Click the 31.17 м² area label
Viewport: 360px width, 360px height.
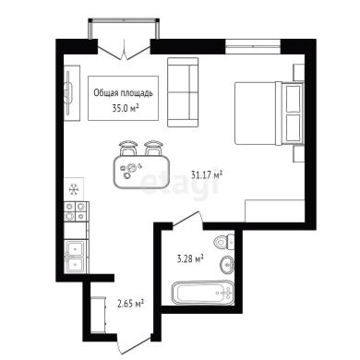[207, 175]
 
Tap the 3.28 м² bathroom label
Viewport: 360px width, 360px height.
[190, 258]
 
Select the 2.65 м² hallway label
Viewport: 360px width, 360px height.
[131, 304]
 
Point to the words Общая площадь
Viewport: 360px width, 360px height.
[123, 93]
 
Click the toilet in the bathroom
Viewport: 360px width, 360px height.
[223, 241]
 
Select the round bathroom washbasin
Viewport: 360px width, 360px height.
[227, 264]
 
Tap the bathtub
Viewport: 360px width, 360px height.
[202, 292]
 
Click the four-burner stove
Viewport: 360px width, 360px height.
[75, 211]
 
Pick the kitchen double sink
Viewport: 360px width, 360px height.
[75, 256]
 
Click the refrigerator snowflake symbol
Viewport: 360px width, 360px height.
[73, 189]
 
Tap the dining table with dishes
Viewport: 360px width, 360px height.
[141, 171]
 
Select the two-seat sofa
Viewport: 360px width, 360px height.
[183, 92]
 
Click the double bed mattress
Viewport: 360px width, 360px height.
[258, 113]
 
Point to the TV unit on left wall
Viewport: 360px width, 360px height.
[72, 93]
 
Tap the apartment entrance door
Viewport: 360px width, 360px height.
[135, 345]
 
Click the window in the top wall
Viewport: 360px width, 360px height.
[253, 46]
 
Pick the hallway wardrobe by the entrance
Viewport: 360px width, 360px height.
[99, 315]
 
